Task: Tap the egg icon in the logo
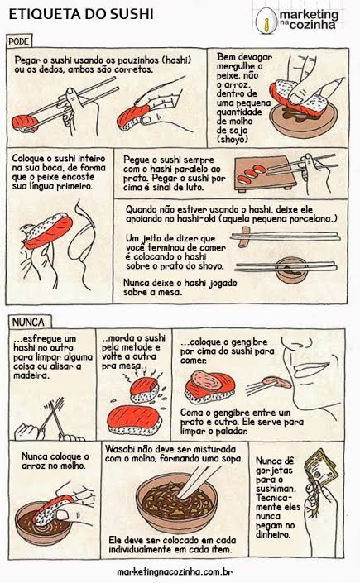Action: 266,21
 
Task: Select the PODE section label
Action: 19,41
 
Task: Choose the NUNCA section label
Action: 28,322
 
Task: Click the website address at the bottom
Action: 175,571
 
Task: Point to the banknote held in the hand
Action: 320,468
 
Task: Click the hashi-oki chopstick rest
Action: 244,237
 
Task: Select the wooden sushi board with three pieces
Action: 265,174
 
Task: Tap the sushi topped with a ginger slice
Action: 209,387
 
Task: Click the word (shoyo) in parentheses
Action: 233,140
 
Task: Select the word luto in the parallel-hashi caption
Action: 194,188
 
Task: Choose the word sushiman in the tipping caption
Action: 276,489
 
